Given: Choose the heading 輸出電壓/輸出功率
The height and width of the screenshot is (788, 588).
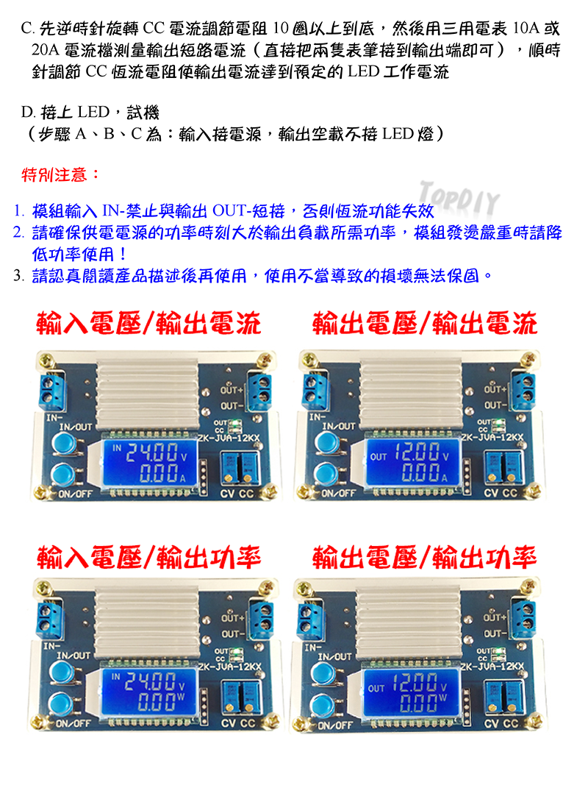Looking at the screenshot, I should [x=425, y=558].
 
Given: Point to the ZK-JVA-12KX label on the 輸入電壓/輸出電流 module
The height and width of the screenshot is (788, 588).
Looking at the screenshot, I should [x=230, y=439].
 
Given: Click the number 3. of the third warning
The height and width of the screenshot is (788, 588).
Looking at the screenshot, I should [x=18, y=276].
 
